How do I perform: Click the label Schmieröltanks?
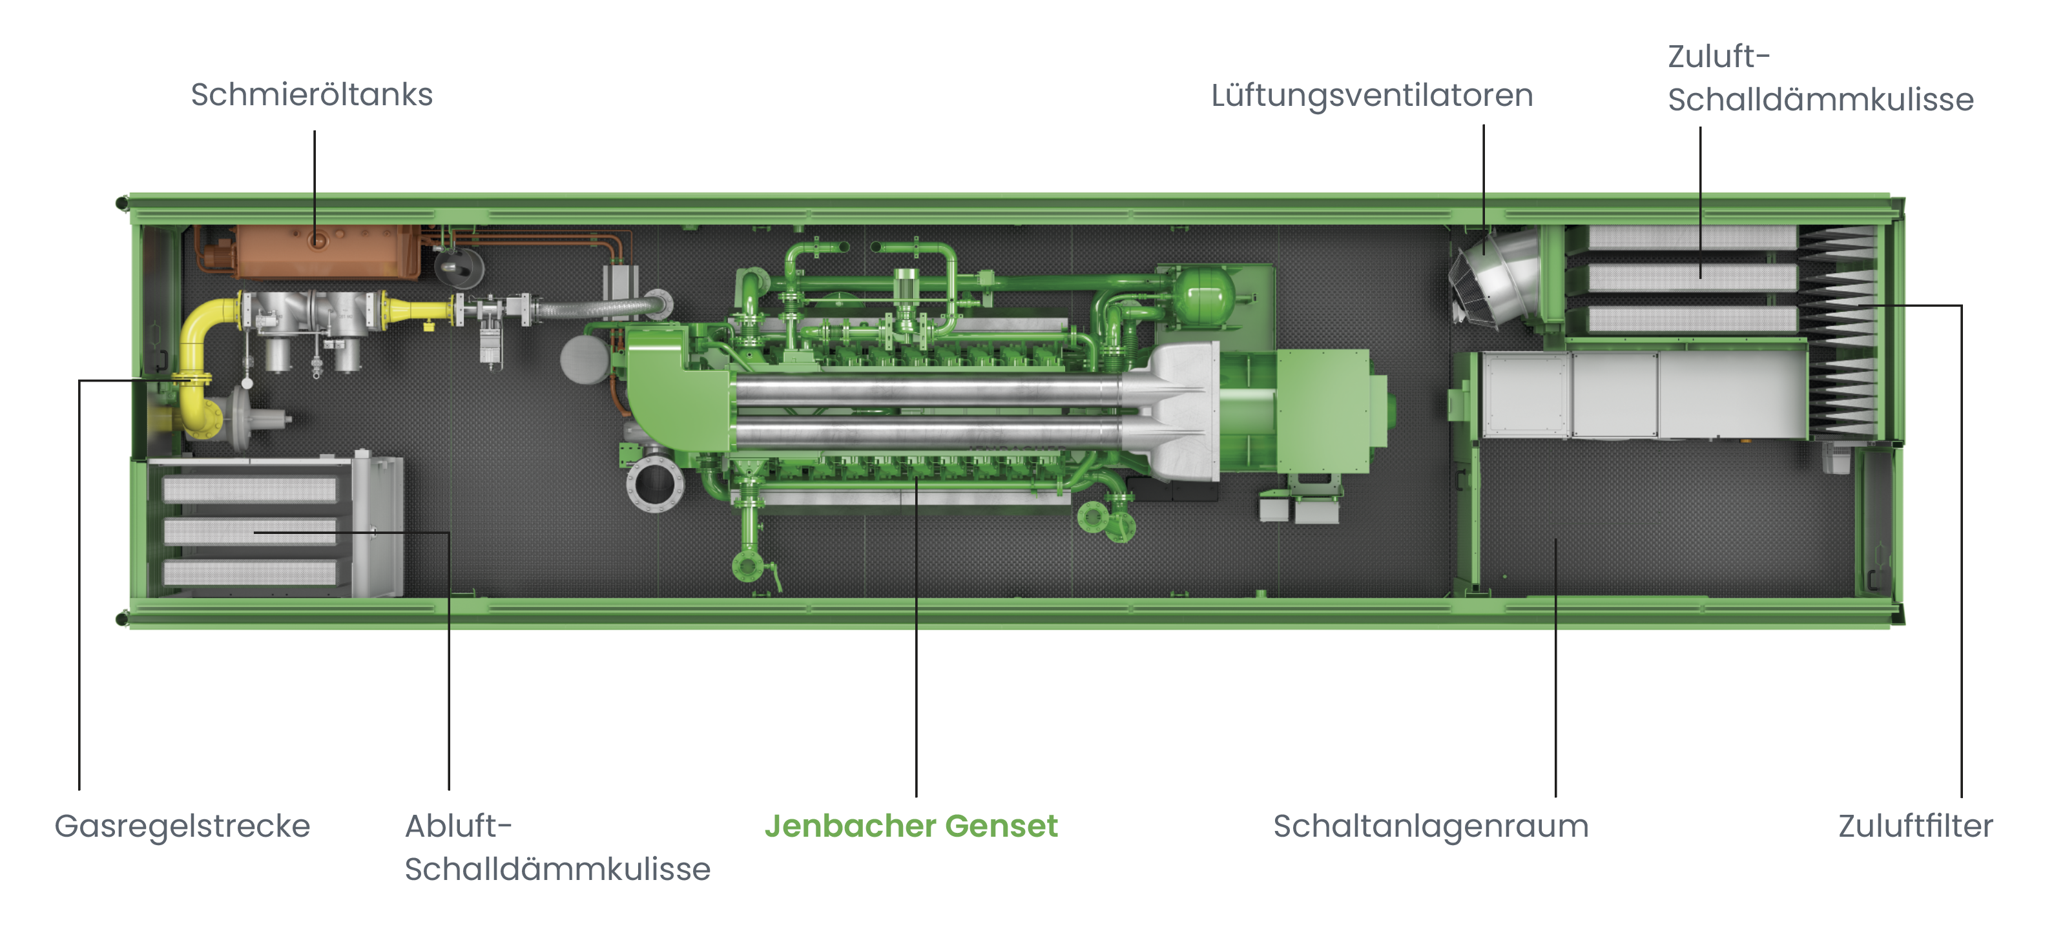[312, 95]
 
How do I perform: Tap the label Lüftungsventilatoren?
[1371, 96]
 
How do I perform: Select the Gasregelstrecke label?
[182, 826]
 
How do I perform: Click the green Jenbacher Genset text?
[911, 826]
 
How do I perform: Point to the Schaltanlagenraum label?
[1431, 826]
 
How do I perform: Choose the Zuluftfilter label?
[1915, 826]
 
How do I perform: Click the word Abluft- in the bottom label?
[459, 826]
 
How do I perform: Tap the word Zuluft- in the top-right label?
[1718, 57]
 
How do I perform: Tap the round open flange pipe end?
[655, 483]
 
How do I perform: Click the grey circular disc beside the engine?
[585, 360]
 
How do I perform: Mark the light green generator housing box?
[1324, 411]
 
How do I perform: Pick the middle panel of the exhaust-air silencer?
[249, 531]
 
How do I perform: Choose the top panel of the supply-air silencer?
[1692, 237]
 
